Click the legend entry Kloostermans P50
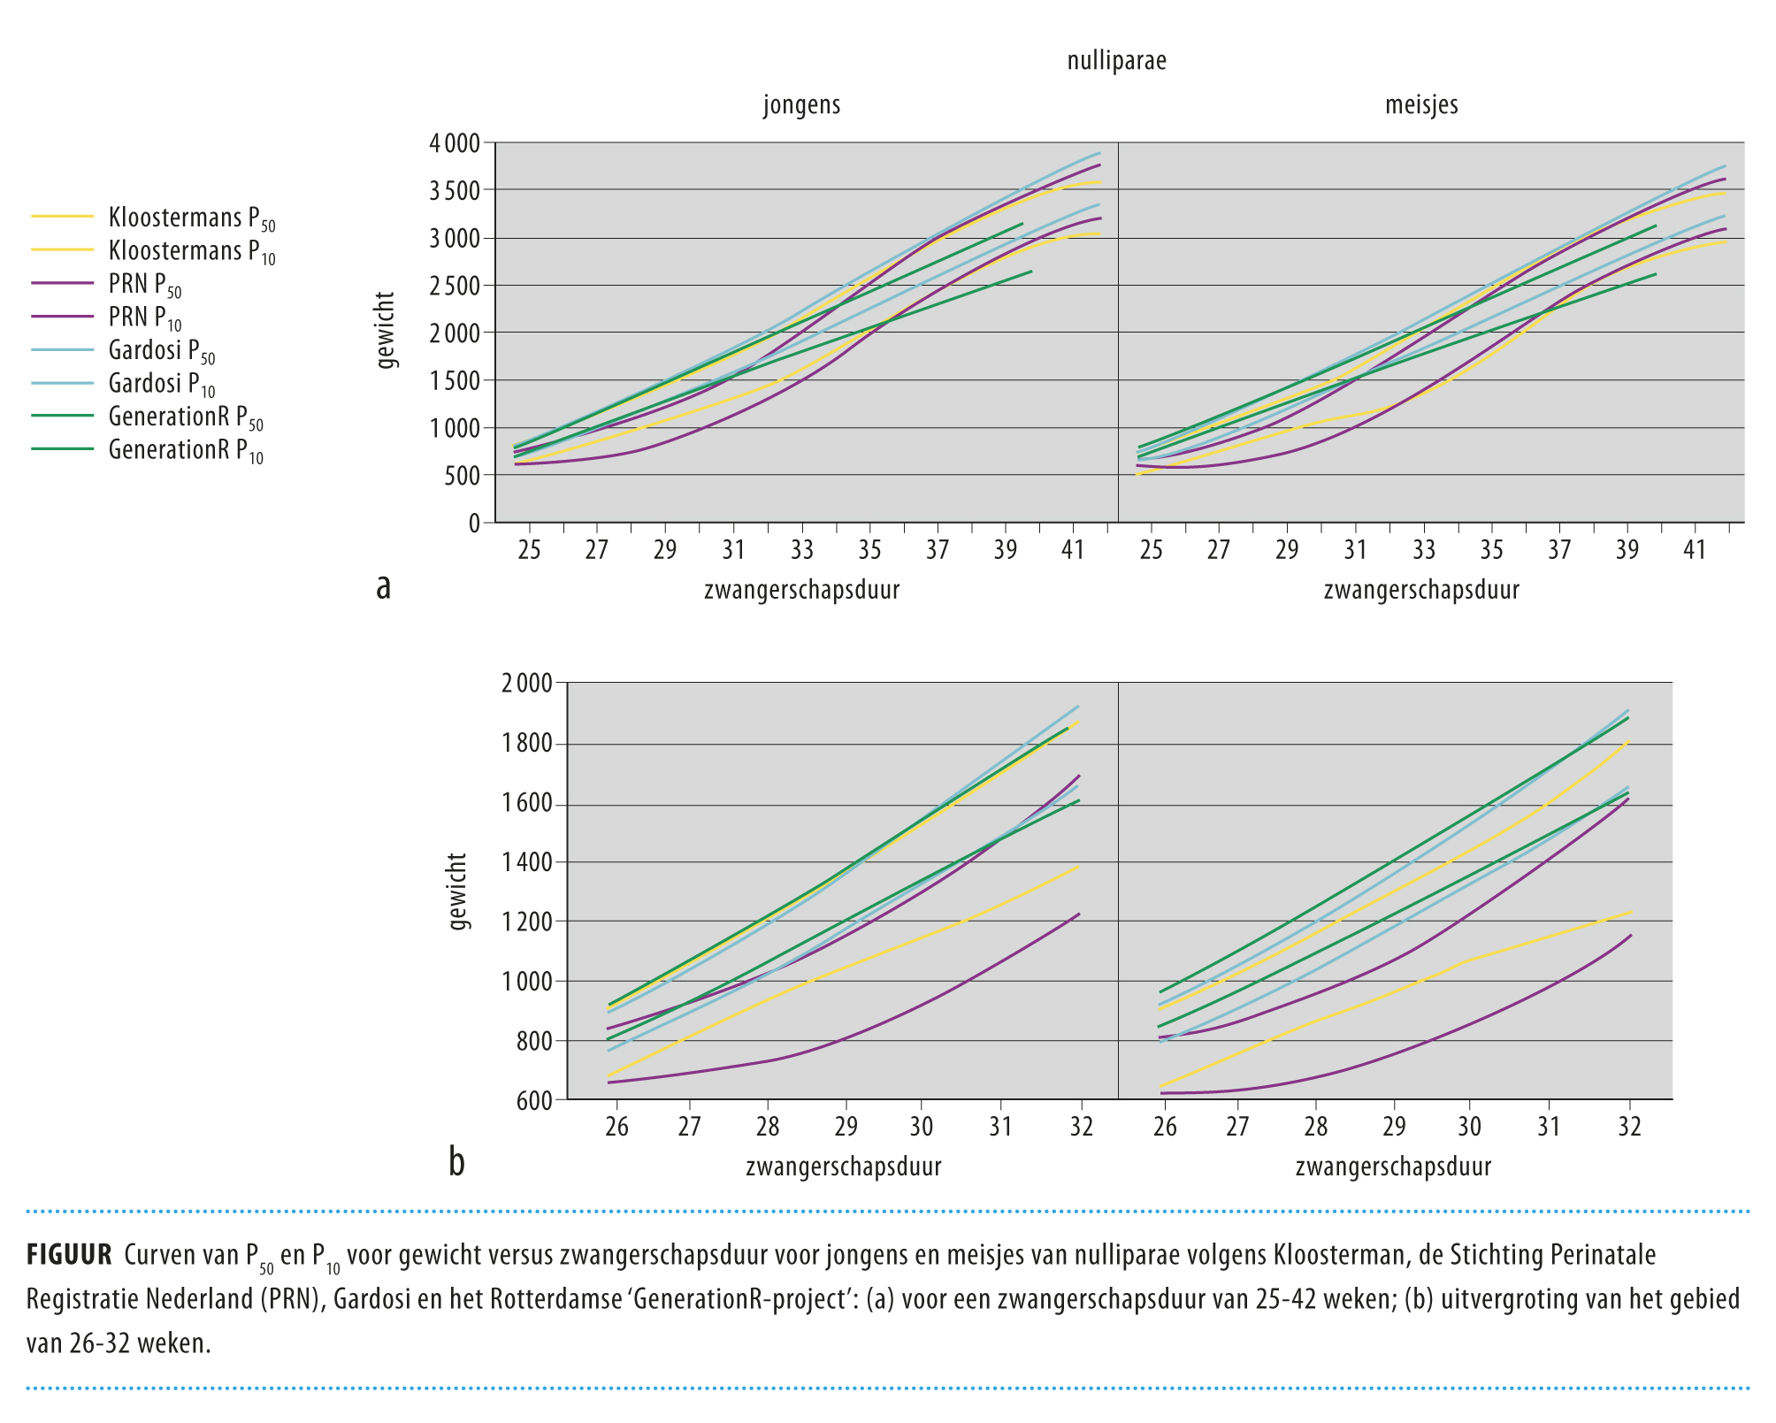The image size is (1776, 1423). [191, 218]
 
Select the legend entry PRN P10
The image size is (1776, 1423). [145, 318]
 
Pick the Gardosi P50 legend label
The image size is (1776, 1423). [161, 351]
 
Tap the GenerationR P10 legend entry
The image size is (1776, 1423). [186, 451]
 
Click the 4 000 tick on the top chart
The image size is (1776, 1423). [454, 143]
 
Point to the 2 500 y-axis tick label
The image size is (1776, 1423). [454, 286]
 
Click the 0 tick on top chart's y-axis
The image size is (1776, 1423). [475, 524]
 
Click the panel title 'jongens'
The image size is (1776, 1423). [801, 105]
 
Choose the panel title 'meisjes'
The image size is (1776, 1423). [1421, 105]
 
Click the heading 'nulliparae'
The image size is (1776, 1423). [1116, 61]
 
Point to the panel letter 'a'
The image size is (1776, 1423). [383, 586]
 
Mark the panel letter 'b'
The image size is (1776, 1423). [456, 1161]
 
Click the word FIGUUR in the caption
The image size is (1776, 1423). [69, 1255]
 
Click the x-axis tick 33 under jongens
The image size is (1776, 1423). [801, 551]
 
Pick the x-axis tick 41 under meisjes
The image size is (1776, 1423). [1694, 551]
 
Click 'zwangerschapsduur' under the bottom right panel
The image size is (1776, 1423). [1393, 1167]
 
